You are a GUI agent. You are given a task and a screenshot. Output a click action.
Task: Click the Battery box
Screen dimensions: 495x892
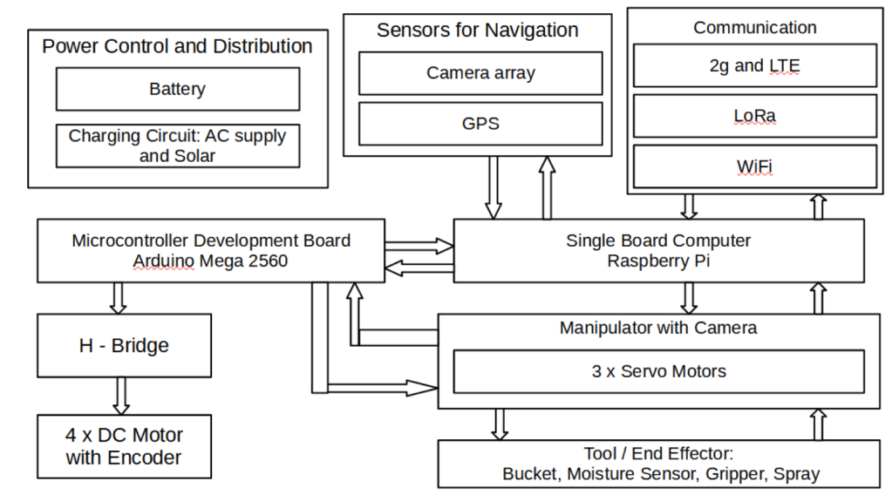tap(177, 89)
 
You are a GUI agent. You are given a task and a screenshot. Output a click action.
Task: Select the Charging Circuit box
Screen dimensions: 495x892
tap(177, 146)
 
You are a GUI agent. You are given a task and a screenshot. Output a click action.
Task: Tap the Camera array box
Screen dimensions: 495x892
tap(480, 73)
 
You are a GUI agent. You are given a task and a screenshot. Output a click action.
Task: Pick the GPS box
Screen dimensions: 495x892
tap(480, 124)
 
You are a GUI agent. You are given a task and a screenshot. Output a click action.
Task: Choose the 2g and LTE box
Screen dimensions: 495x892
tap(754, 66)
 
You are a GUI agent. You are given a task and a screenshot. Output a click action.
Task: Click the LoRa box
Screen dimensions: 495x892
tap(754, 116)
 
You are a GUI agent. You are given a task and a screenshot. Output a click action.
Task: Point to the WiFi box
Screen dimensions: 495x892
tap(754, 166)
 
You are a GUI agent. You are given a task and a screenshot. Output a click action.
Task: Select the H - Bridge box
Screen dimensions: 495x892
tap(124, 346)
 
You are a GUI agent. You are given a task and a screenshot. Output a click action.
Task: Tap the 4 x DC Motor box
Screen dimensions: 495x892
tap(124, 445)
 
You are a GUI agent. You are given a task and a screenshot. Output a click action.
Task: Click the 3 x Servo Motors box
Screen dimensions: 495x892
tap(658, 371)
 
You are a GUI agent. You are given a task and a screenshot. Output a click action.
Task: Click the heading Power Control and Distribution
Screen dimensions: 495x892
tap(177, 46)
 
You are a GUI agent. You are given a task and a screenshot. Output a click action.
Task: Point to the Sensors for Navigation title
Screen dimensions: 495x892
tap(478, 31)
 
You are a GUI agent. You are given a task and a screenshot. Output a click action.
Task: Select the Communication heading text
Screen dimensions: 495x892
tap(755, 28)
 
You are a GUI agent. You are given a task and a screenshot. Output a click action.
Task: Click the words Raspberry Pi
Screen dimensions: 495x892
tap(658, 261)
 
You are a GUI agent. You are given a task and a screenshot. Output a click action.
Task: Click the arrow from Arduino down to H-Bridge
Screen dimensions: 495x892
tap(118, 297)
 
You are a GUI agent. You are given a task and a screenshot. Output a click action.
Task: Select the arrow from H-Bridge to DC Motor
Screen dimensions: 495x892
tap(121, 397)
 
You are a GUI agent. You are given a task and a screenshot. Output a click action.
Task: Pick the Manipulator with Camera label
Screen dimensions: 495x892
tap(658, 329)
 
